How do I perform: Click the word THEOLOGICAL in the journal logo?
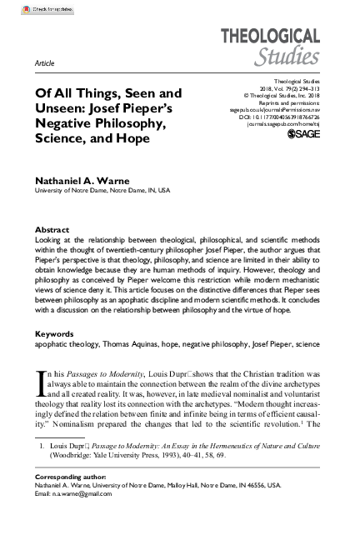(x=269, y=36)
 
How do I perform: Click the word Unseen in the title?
(x=58, y=108)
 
